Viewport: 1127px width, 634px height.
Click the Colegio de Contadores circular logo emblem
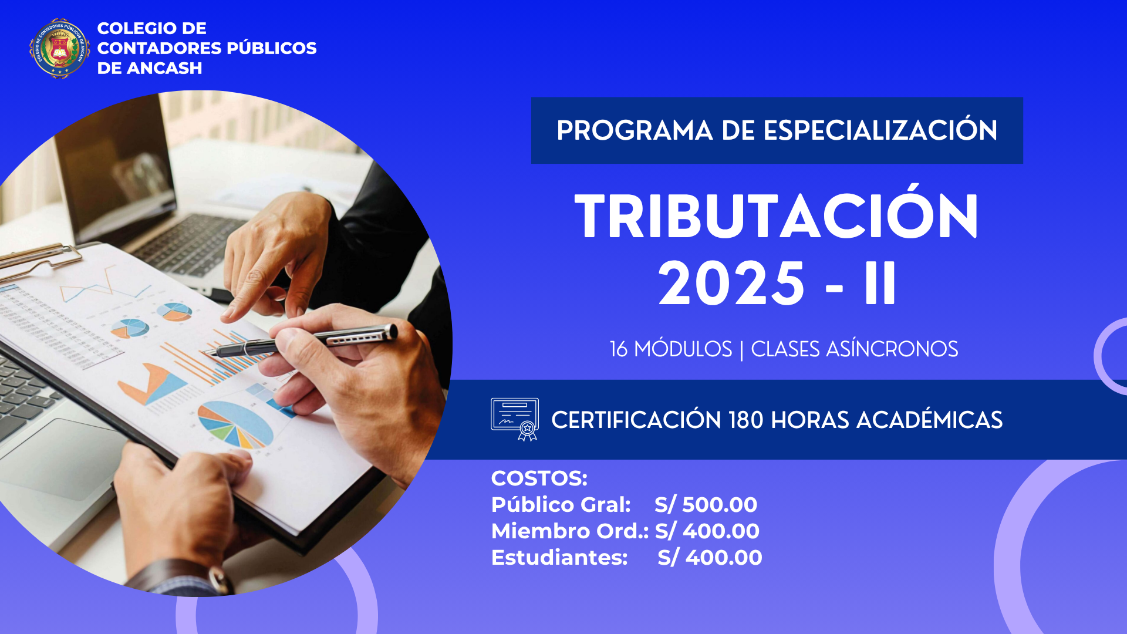59,48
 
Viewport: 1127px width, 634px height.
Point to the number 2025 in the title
731,284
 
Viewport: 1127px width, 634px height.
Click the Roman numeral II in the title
880,284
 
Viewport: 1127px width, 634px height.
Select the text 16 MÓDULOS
671,349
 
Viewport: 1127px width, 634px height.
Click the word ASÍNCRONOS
892,349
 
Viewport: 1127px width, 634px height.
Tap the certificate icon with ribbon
515,419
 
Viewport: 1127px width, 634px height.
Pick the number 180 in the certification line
745,420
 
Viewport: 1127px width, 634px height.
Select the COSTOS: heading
539,478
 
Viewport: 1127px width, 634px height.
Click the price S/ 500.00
706,504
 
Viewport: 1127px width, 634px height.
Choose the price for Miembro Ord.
707,531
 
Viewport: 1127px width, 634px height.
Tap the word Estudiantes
559,557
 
